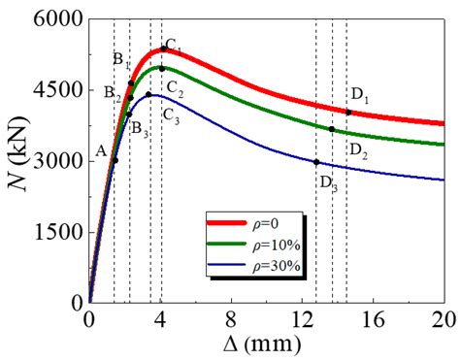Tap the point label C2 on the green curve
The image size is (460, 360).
175,89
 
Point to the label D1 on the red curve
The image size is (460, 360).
360,94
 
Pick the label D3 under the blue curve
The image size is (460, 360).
328,183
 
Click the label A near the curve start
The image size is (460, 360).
101,151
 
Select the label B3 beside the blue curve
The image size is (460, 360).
140,127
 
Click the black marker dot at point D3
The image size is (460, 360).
316,162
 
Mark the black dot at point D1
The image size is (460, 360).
348,113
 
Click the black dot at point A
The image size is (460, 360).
115,160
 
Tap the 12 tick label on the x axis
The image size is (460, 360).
302,317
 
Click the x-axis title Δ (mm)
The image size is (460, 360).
266,344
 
